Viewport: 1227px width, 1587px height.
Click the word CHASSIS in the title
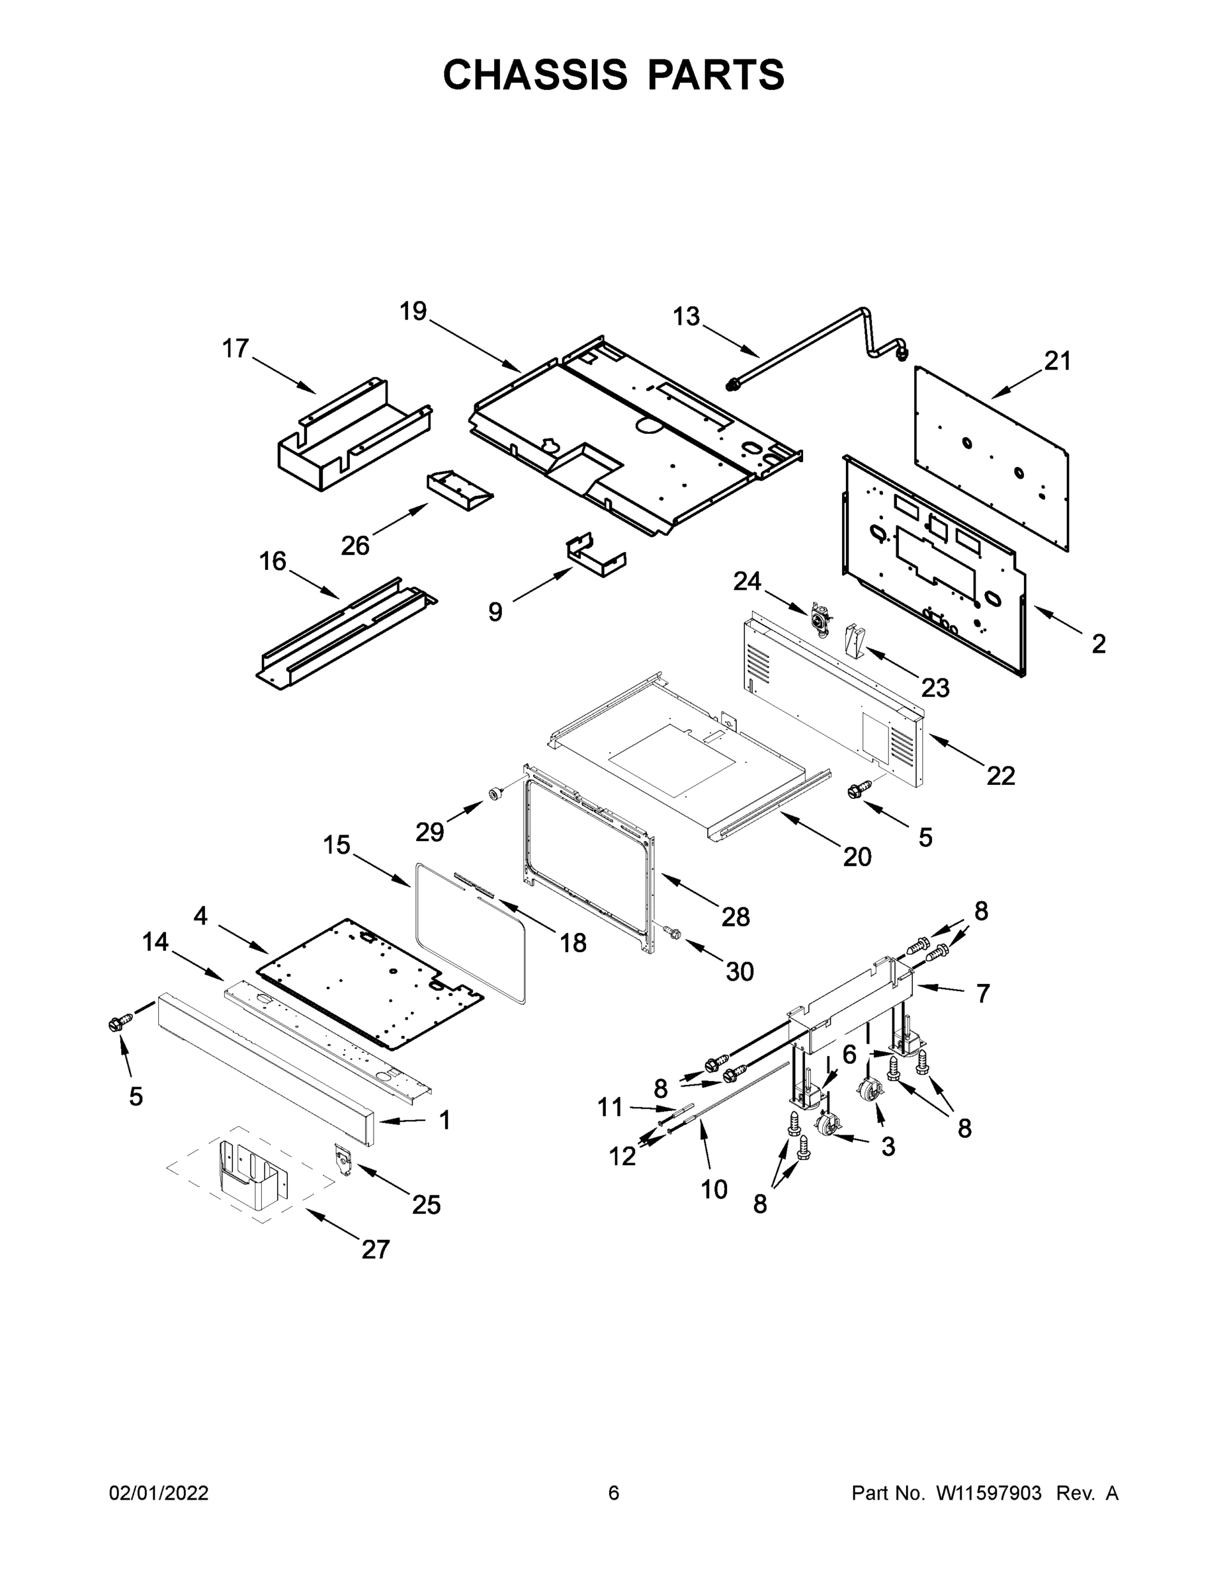535,75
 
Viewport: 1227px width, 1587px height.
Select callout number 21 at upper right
1058,360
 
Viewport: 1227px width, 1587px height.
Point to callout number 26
355,545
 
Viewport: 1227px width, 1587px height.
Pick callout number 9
495,612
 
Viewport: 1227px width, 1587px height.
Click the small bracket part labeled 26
458,489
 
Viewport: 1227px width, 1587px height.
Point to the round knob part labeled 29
497,793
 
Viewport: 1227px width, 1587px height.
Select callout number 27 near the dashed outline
376,1249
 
